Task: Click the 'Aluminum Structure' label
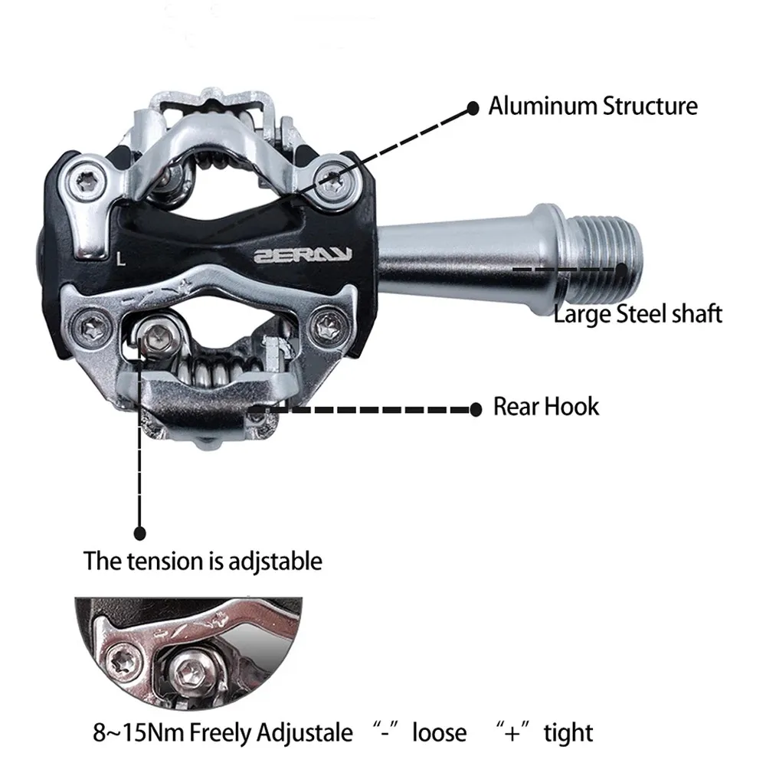pos(593,106)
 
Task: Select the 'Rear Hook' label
pos(545,406)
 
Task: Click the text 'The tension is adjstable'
pos(202,561)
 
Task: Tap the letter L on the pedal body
pos(121,259)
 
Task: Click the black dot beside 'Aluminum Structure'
pos(473,106)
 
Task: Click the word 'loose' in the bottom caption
pos(439,732)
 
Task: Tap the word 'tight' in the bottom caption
pos(568,732)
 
